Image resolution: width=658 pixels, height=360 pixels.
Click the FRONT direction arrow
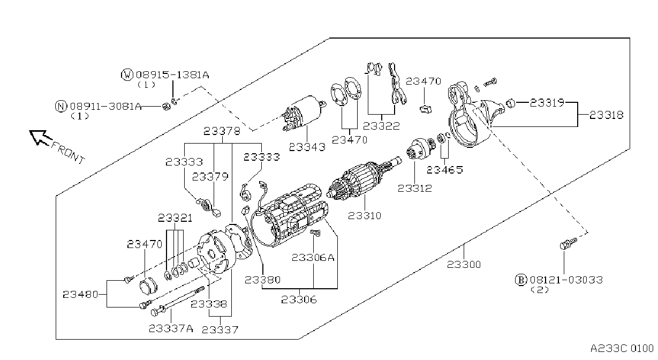tap(40, 138)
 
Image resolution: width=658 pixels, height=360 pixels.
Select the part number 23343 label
tap(307, 147)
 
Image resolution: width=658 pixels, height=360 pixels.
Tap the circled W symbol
tap(127, 74)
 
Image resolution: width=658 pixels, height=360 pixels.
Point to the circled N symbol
tap(61, 106)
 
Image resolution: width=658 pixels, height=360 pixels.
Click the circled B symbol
tap(521, 280)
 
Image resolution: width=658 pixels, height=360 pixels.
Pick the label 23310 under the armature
tap(365, 216)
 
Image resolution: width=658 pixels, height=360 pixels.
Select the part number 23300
tap(464, 265)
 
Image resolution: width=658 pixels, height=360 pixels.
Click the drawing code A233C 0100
tap(622, 349)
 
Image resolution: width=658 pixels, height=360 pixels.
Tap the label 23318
tap(606, 115)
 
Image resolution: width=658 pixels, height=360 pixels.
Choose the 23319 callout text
tap(547, 102)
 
